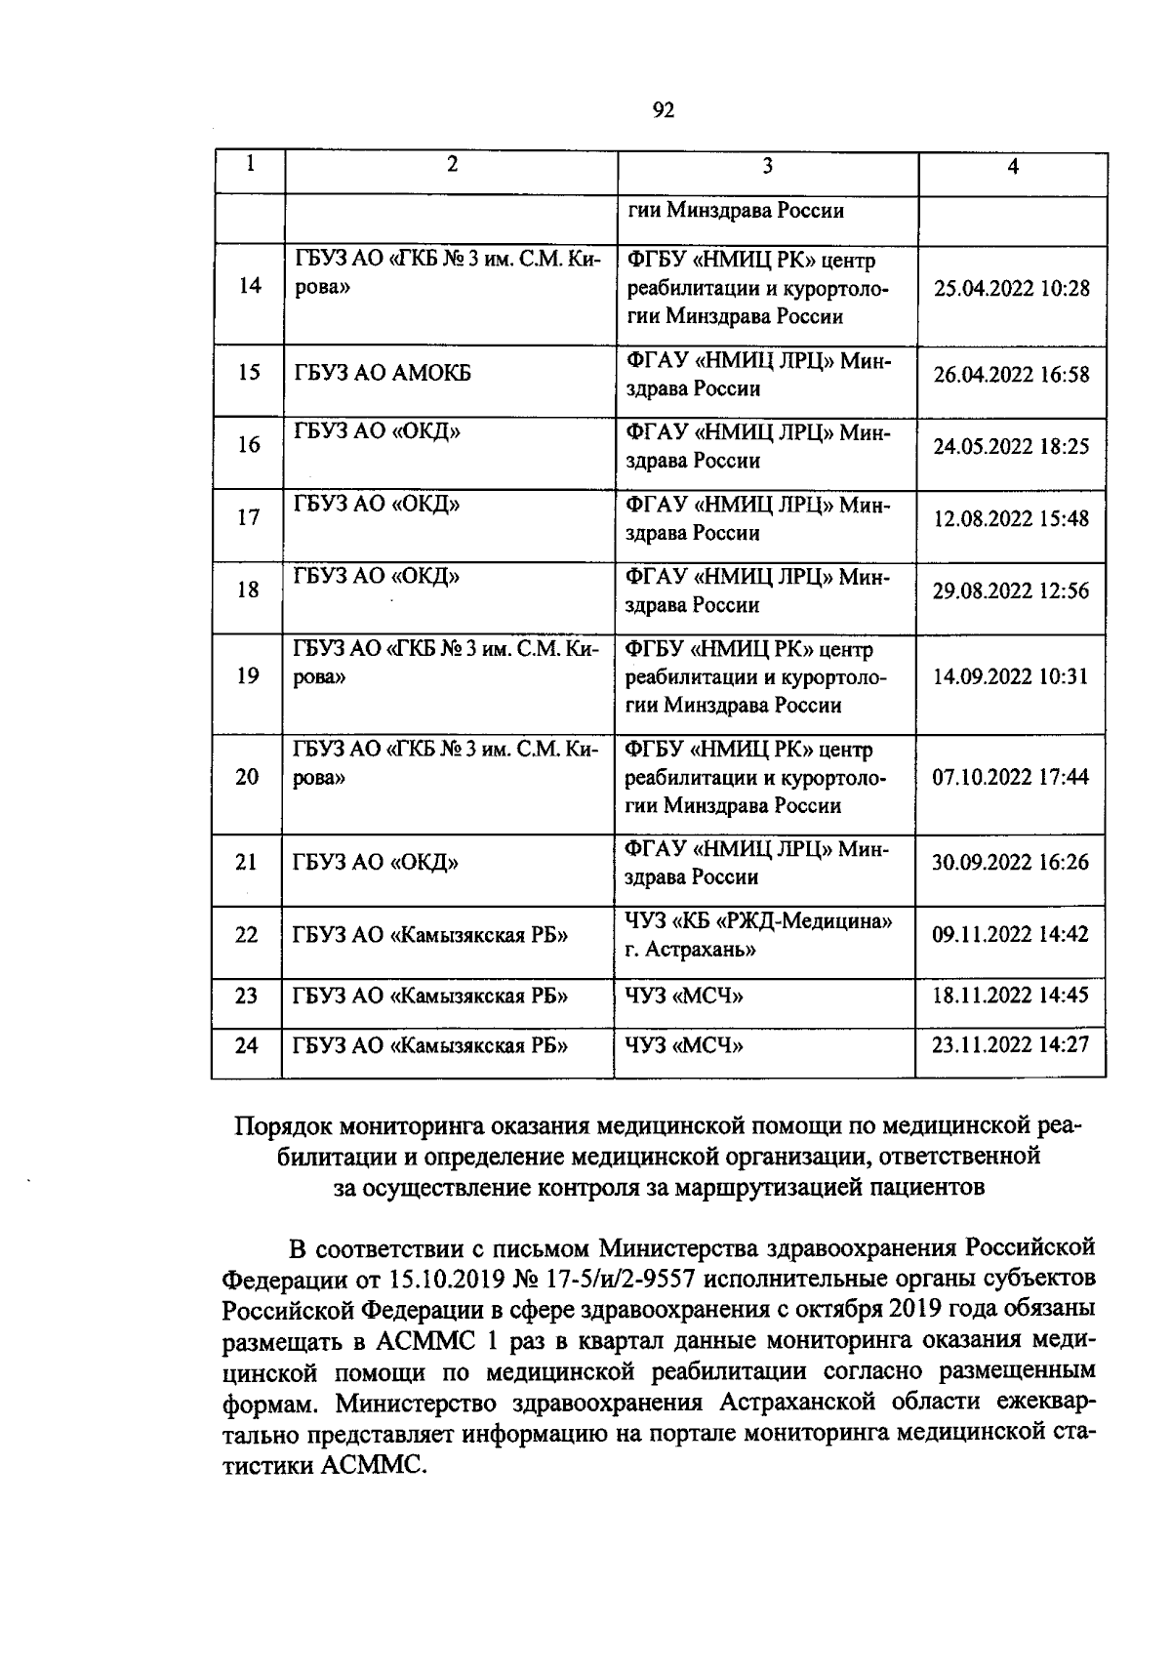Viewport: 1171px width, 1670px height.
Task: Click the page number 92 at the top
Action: (x=663, y=110)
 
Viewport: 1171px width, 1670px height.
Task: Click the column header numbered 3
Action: (x=767, y=166)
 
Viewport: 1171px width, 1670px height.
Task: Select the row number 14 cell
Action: (x=250, y=286)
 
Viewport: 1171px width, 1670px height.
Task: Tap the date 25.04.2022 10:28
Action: (x=1011, y=289)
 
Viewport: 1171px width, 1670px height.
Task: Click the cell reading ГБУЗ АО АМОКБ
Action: (x=382, y=373)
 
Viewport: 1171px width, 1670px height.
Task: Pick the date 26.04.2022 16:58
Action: (x=1011, y=375)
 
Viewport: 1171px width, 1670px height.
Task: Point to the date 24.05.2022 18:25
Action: (x=1011, y=447)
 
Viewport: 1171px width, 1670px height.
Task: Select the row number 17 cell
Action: (x=249, y=517)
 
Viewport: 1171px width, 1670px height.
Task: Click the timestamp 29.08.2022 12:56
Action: (x=1011, y=591)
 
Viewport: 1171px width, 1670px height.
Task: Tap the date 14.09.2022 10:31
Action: (x=1010, y=677)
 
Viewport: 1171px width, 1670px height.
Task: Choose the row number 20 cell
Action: (x=248, y=778)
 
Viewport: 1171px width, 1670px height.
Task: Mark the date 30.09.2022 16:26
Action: (x=1010, y=863)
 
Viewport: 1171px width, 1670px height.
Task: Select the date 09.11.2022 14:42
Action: (x=1010, y=935)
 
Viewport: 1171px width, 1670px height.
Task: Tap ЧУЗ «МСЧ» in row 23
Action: (x=683, y=997)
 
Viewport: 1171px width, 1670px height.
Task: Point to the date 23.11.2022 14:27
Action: (x=1010, y=1045)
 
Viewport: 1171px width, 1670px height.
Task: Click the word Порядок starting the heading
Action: (x=283, y=1126)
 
